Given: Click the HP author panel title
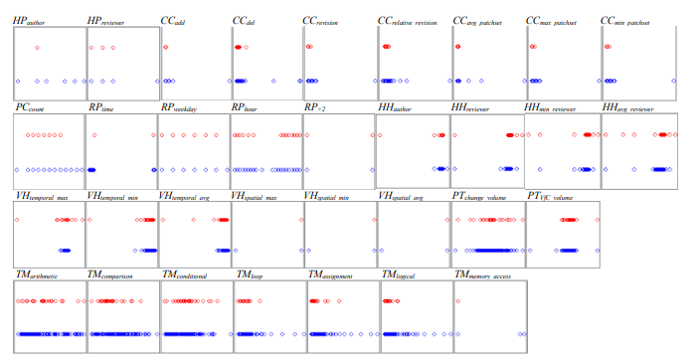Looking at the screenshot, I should [x=32, y=19].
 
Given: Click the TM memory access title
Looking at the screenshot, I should [x=490, y=273].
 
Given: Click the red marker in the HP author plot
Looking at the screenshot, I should [x=37, y=48].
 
